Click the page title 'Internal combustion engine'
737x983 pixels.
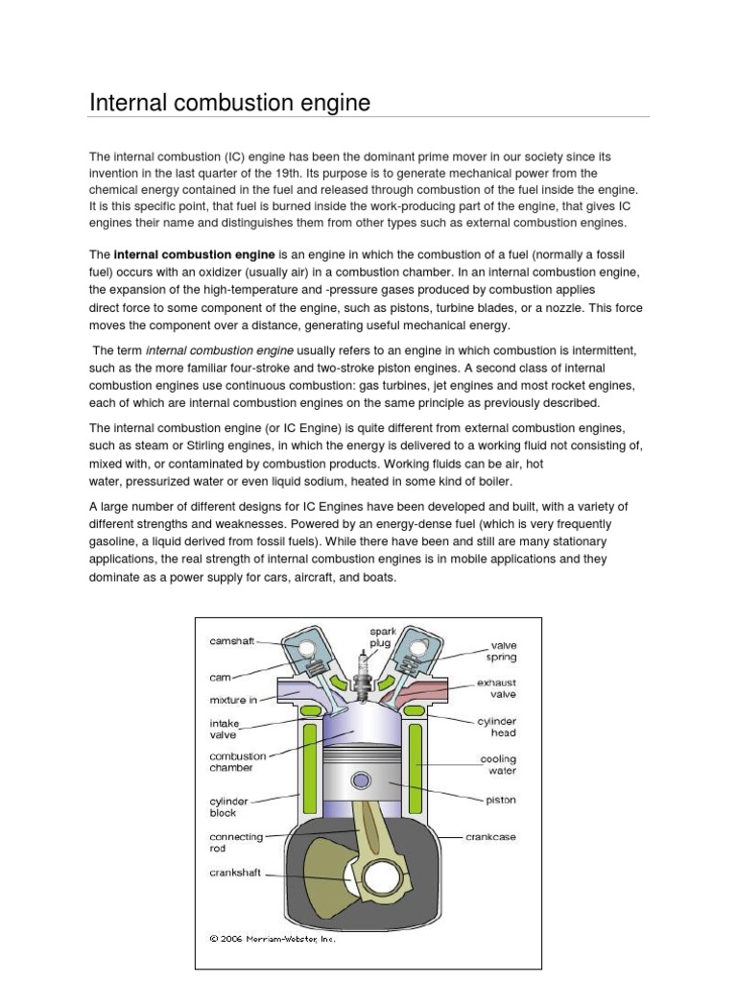coord(229,102)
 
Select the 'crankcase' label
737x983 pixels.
coord(490,837)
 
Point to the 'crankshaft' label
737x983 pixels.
coord(237,874)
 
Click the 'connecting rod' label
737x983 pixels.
coord(236,843)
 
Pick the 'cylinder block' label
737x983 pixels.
coord(229,805)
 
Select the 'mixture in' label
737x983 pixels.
coord(233,700)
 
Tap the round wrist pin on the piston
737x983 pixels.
coord(362,779)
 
